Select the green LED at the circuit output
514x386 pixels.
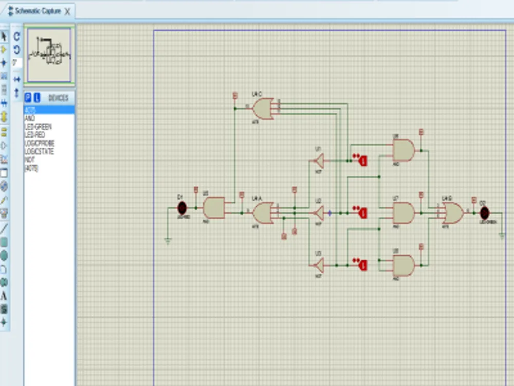(x=484, y=213)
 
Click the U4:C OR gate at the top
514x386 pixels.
(x=263, y=109)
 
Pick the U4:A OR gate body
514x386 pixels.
(x=263, y=213)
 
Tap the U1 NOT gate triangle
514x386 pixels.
(x=319, y=161)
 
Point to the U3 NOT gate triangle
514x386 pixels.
(x=319, y=265)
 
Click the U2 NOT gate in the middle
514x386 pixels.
(x=319, y=213)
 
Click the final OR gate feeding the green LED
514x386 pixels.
(x=452, y=213)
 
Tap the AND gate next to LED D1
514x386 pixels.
(x=214, y=207)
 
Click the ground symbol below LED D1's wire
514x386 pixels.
(x=168, y=240)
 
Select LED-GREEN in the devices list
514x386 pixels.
(x=39, y=127)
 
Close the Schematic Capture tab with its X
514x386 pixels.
(x=67, y=11)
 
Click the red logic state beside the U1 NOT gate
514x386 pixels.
(x=363, y=161)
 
